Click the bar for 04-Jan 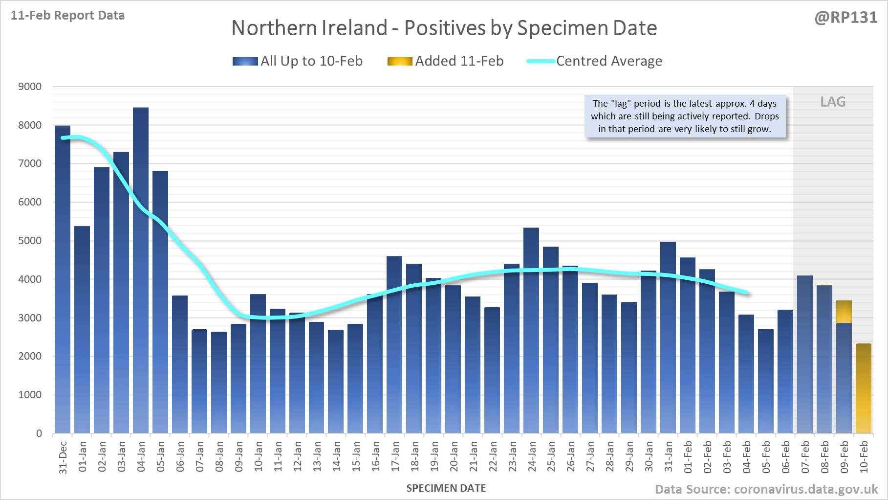[x=141, y=270]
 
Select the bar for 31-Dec [x=63, y=279]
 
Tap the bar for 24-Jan [x=531, y=330]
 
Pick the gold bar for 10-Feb [x=864, y=388]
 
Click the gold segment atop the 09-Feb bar [x=844, y=312]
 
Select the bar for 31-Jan [x=668, y=338]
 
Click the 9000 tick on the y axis [x=30, y=87]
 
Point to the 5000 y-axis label [x=30, y=241]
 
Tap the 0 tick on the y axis [x=39, y=433]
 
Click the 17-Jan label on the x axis [x=395, y=456]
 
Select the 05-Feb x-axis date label [x=766, y=456]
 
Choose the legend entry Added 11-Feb [x=446, y=61]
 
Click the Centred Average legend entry [x=595, y=61]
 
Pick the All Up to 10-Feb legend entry [x=298, y=61]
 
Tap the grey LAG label [x=833, y=102]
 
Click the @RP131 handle [x=845, y=18]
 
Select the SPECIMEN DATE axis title [x=446, y=488]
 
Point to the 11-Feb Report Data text [x=68, y=16]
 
